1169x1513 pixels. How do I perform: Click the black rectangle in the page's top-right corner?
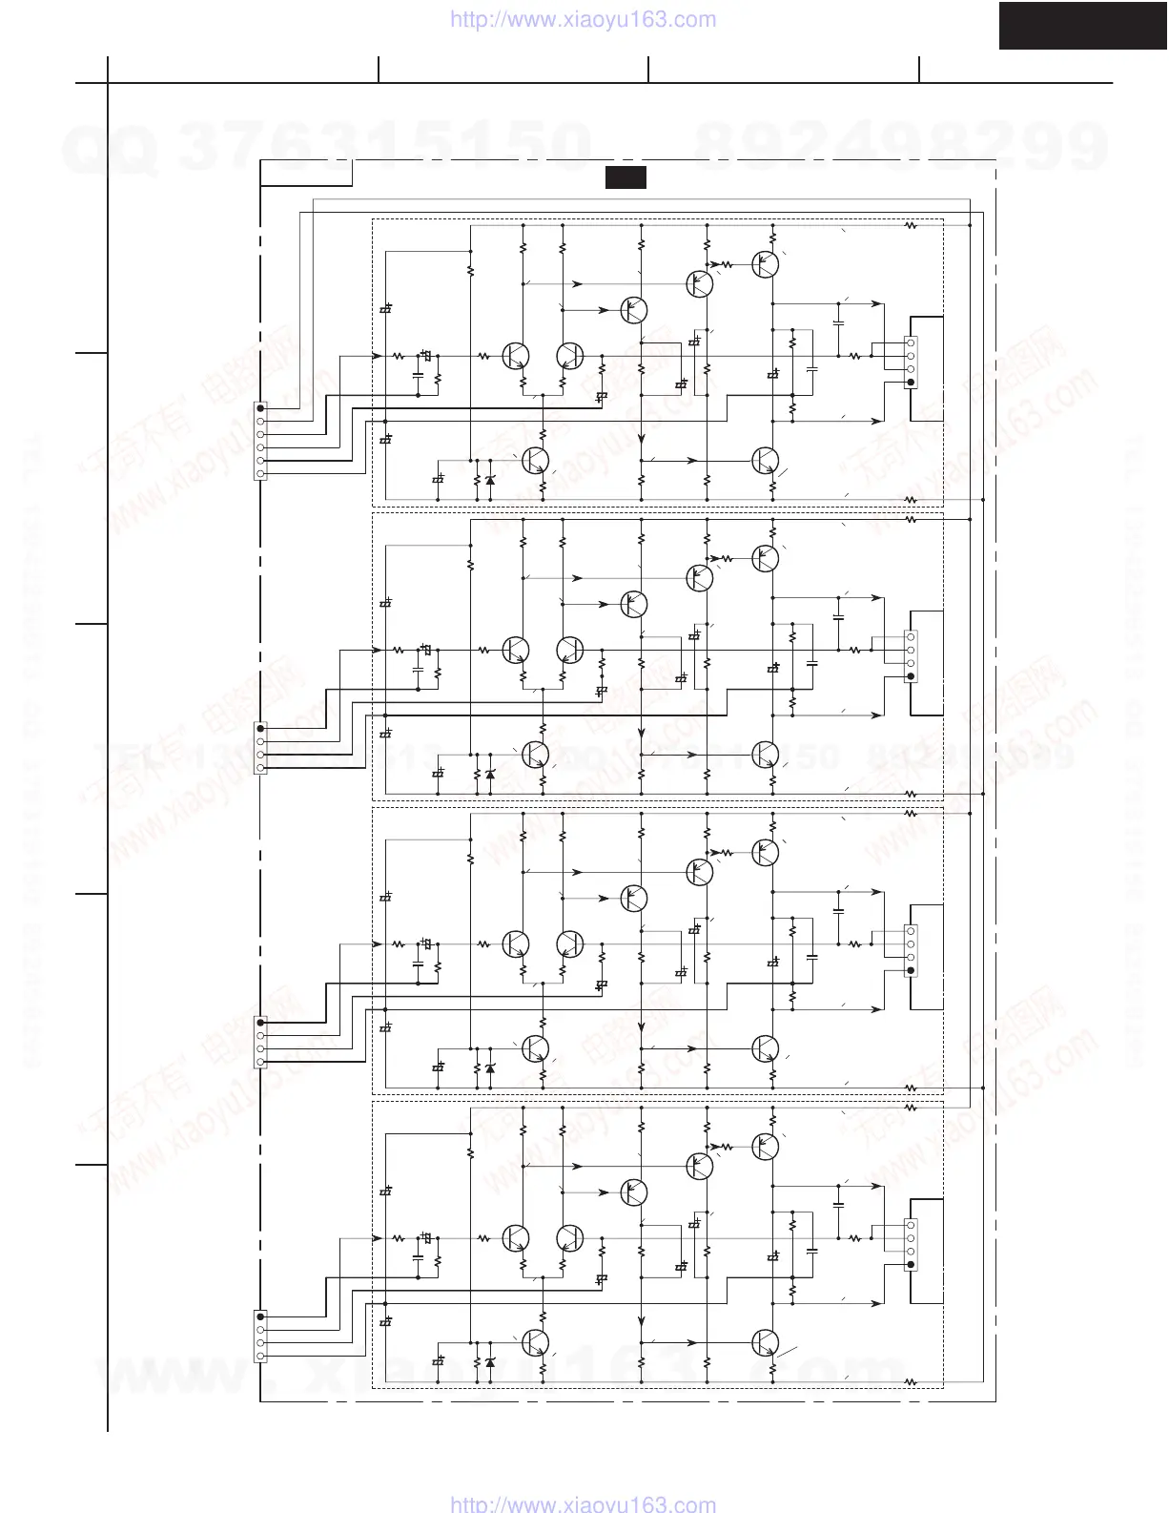click(1082, 25)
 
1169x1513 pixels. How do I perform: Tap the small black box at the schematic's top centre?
click(626, 177)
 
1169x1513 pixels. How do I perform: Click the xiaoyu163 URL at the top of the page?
click(582, 19)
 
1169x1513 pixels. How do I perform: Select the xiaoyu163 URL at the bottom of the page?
click(582, 1503)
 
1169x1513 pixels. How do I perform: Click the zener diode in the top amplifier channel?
click(490, 480)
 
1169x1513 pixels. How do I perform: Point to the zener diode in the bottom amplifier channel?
click(490, 1362)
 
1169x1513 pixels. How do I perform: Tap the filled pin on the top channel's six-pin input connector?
click(261, 408)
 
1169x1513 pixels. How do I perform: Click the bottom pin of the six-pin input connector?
click(261, 473)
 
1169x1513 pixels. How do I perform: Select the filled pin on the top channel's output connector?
click(911, 383)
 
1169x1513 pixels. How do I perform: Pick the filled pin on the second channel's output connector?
click(911, 676)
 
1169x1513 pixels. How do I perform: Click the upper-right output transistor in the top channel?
click(764, 264)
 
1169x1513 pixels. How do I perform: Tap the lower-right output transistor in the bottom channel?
click(764, 1342)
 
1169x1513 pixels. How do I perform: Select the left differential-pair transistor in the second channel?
click(516, 650)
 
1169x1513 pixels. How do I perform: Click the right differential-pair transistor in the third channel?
click(569, 943)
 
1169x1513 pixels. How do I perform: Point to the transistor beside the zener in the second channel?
click(535, 755)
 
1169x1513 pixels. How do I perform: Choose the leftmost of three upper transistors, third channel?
click(633, 898)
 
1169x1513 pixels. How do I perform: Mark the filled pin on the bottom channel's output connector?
click(911, 1265)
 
